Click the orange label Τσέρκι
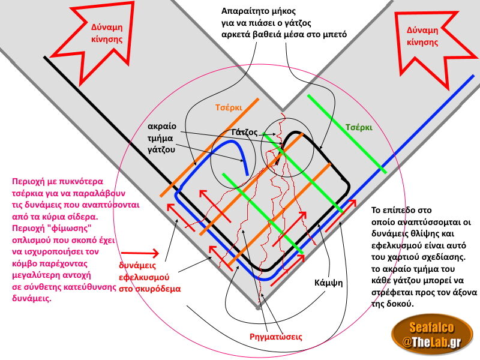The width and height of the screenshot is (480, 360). pyautogui.click(x=227, y=109)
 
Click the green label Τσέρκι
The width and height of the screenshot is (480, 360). pyautogui.click(x=359, y=128)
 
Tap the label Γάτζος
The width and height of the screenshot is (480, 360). pyautogui.click(x=244, y=133)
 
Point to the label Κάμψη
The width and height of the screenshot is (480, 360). pyautogui.click(x=328, y=281)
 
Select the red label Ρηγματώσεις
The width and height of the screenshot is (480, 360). pyautogui.click(x=275, y=337)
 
